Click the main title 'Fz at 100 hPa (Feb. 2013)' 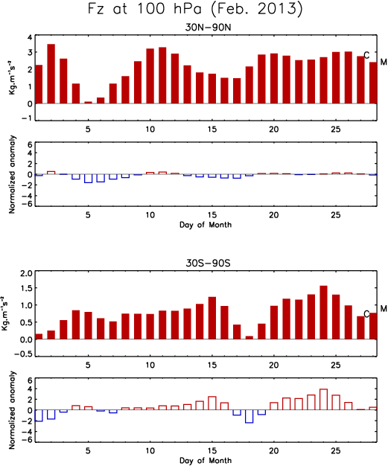(x=195, y=9)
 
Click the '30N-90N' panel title (x=208, y=28)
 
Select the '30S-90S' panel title (x=208, y=264)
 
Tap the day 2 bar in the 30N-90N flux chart (x=51, y=74)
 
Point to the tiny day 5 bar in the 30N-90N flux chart (x=89, y=103)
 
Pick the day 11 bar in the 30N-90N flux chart (x=162, y=75)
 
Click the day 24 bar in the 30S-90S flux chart (x=323, y=313)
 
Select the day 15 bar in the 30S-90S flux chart (x=212, y=318)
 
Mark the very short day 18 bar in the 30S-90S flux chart (x=249, y=338)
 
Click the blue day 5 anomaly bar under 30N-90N (x=89, y=179)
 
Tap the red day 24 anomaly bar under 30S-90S (x=323, y=400)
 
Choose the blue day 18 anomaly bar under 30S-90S (x=249, y=416)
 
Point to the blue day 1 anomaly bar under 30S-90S (x=39, y=415)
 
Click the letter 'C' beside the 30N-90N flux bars (x=366, y=55)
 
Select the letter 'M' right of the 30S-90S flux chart (x=384, y=309)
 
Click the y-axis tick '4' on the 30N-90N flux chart (x=30, y=38)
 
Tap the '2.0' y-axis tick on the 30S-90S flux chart (x=25, y=273)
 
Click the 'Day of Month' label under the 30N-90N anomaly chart (x=205, y=225)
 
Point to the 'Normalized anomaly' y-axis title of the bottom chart (x=12, y=410)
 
